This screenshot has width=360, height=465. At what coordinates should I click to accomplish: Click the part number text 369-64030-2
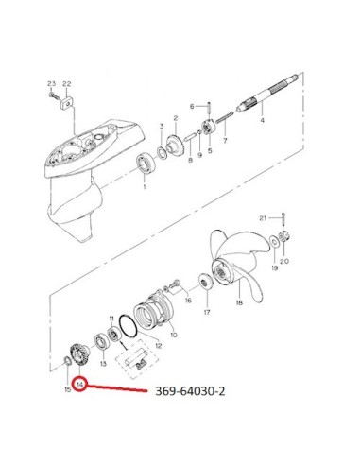(x=190, y=391)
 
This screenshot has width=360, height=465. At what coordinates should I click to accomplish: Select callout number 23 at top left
(x=51, y=84)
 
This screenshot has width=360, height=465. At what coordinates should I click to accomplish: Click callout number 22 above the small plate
(x=67, y=84)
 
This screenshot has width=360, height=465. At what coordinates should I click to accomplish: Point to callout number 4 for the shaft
(x=262, y=120)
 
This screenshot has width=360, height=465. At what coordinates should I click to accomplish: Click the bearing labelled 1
(x=145, y=163)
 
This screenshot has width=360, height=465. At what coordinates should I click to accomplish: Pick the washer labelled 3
(x=163, y=153)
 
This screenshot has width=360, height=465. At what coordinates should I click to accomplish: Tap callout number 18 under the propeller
(x=239, y=302)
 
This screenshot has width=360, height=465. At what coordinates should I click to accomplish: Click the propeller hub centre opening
(x=222, y=270)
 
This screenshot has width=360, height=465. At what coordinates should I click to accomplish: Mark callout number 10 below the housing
(x=174, y=335)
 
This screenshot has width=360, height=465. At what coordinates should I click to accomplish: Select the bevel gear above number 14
(x=77, y=355)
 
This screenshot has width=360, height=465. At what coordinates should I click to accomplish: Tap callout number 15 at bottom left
(x=68, y=389)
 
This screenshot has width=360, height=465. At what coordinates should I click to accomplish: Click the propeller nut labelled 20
(x=284, y=237)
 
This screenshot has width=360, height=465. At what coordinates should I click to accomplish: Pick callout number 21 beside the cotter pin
(x=263, y=218)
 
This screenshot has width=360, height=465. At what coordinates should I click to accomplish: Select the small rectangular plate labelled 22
(x=67, y=103)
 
